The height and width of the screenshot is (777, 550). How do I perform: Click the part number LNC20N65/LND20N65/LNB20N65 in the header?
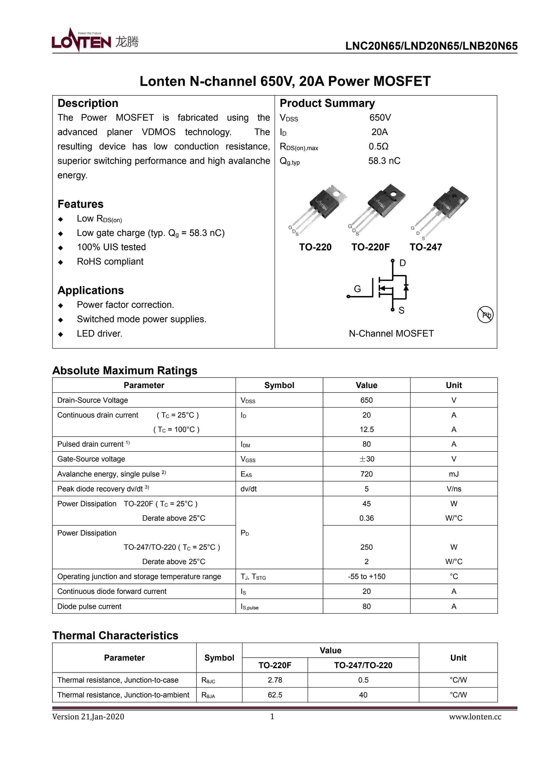coord(431,46)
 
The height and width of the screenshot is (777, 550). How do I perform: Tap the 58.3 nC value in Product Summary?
coord(384,161)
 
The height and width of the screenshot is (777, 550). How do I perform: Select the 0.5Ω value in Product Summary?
coord(378,147)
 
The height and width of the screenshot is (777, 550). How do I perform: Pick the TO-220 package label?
coord(315,247)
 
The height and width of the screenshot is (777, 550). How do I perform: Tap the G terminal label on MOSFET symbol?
coord(357,289)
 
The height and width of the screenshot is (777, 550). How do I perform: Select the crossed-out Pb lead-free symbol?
coord(485,315)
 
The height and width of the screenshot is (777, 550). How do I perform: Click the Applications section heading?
coord(91,290)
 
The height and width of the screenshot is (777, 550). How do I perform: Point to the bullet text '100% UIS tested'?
coord(111,247)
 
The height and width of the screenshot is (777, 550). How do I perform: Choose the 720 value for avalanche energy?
coord(367,474)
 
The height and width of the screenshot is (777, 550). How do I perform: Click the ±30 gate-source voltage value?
coord(367,459)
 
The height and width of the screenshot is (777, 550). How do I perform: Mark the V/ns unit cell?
coord(453,489)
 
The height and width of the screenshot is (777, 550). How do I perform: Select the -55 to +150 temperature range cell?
coord(367,576)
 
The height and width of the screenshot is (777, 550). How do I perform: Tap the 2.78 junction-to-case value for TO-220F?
coord(275,680)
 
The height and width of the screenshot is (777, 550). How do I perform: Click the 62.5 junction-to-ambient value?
coord(275,695)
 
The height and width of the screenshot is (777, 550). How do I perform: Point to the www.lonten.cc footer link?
coord(475,717)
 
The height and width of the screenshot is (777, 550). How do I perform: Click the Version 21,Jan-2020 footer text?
coord(88,717)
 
